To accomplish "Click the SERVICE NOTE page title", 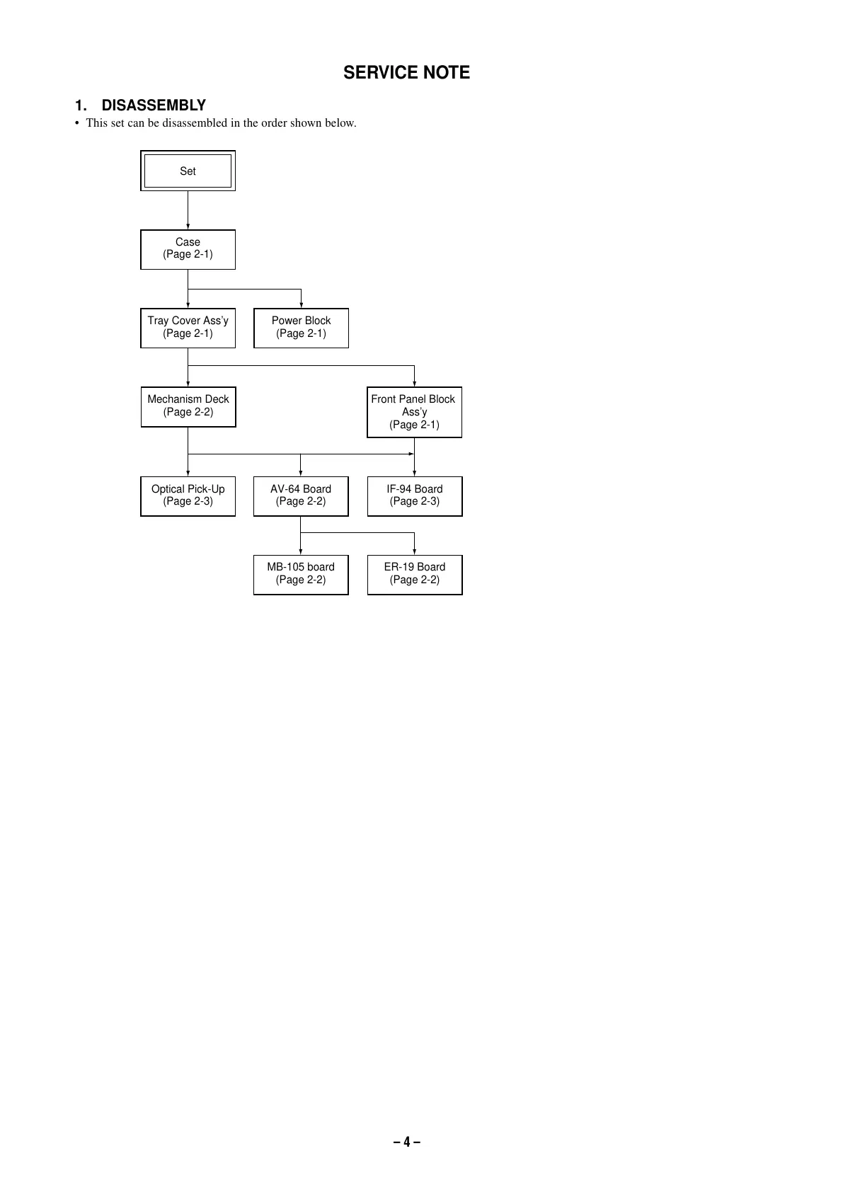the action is pyautogui.click(x=406, y=73).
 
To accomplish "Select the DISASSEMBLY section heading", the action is pyautogui.click(x=153, y=105).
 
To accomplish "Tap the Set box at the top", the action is pyautogui.click(x=188, y=171).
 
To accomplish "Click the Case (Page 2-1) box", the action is pyautogui.click(x=188, y=248).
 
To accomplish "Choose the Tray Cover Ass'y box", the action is pyautogui.click(x=188, y=327).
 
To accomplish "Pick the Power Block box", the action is pyautogui.click(x=301, y=327).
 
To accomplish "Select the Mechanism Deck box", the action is pyautogui.click(x=188, y=406).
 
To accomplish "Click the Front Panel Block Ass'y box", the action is pyautogui.click(x=414, y=411).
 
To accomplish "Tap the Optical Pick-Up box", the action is pyautogui.click(x=188, y=495).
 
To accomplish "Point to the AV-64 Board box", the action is pyautogui.click(x=301, y=495).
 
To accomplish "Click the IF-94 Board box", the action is pyautogui.click(x=414, y=495).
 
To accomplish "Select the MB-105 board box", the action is pyautogui.click(x=301, y=573).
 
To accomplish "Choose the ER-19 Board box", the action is pyautogui.click(x=414, y=573).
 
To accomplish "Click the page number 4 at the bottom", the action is pyautogui.click(x=407, y=1142).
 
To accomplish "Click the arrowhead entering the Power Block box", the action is pyautogui.click(x=301, y=305).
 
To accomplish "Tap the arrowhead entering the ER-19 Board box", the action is pyautogui.click(x=414, y=552).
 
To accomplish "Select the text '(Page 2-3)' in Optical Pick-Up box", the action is pyautogui.click(x=188, y=502).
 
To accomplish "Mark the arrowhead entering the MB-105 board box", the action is pyautogui.click(x=301, y=552).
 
